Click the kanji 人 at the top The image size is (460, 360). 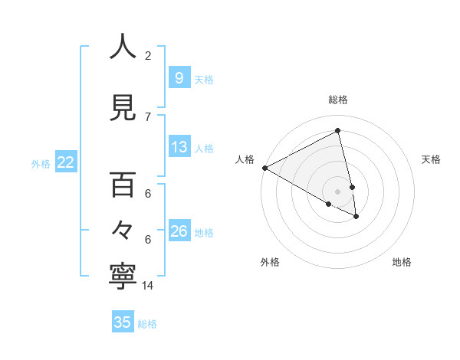pyautogui.click(x=122, y=47)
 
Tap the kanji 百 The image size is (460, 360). pyautogui.click(x=122, y=185)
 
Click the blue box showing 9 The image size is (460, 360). pyautogui.click(x=179, y=77)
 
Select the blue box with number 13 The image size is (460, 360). pyautogui.click(x=179, y=147)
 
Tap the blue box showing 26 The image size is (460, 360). pyautogui.click(x=179, y=231)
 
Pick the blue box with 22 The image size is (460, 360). pyautogui.click(x=65, y=162)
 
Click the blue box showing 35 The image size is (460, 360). pyautogui.click(x=123, y=322)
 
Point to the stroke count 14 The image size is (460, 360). pyautogui.click(x=148, y=286)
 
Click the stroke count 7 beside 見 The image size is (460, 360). pyautogui.click(x=148, y=116)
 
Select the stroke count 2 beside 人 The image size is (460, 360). pyautogui.click(x=148, y=55)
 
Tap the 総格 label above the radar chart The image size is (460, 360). pyautogui.click(x=338, y=100)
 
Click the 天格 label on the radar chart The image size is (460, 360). pyautogui.click(x=431, y=159)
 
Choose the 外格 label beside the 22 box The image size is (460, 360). pyautogui.click(x=41, y=163)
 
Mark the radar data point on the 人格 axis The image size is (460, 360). pyautogui.click(x=264, y=167)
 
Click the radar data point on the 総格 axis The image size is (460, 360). pyautogui.click(x=338, y=131)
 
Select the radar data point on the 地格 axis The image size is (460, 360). pyautogui.click(x=356, y=217)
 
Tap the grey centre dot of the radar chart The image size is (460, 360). pyautogui.click(x=338, y=191)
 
